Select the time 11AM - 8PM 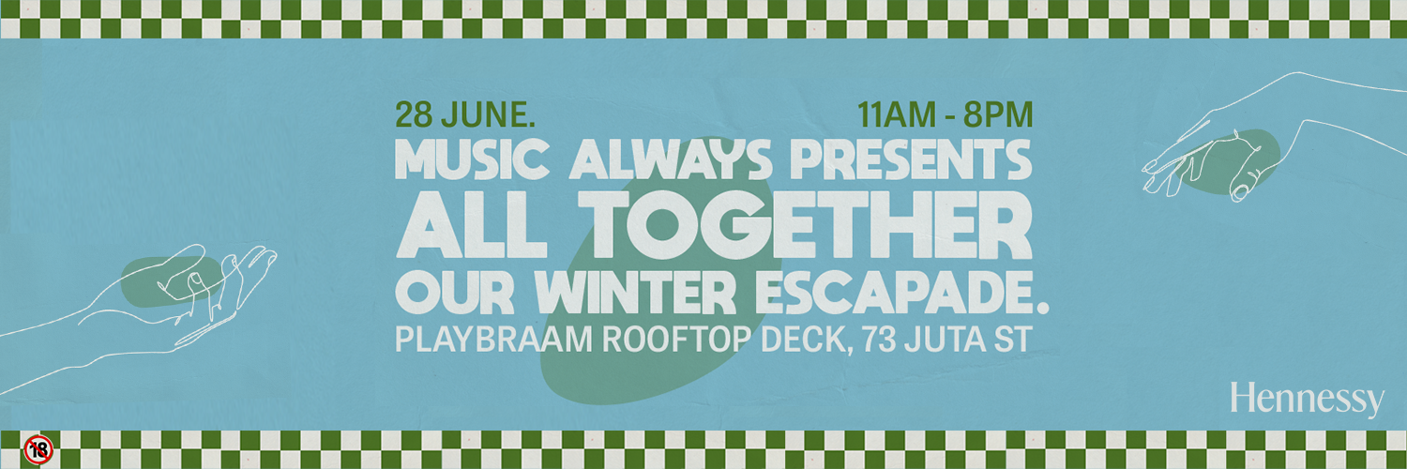[945, 115]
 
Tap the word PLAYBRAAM [492, 338]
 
